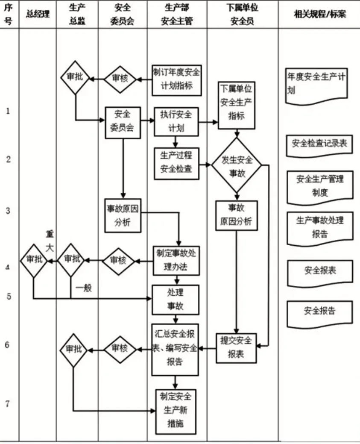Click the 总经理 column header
tap(38, 14)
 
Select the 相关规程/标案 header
tap(320, 14)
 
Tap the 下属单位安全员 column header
tap(242, 14)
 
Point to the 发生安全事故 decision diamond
tap(237, 165)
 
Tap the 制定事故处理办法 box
tap(176, 260)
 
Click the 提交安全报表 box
tap(236, 348)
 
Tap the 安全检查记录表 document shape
tap(319, 144)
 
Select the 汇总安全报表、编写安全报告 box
tap(175, 349)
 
